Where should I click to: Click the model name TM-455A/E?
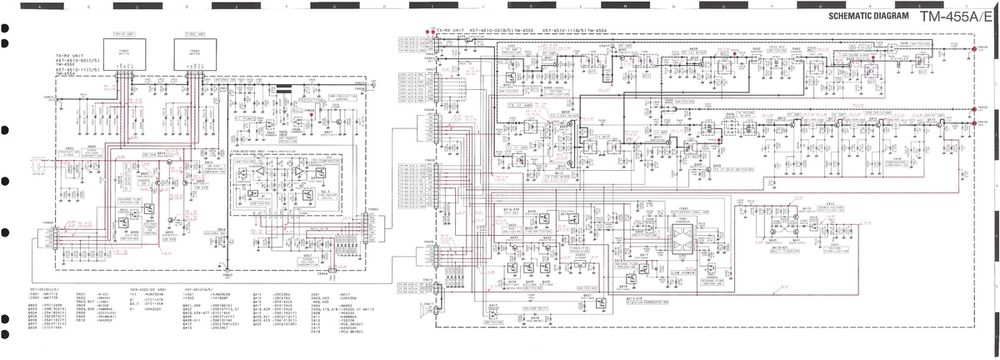pyautogui.click(x=957, y=17)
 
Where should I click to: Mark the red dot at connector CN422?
pyautogui.click(x=974, y=108)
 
